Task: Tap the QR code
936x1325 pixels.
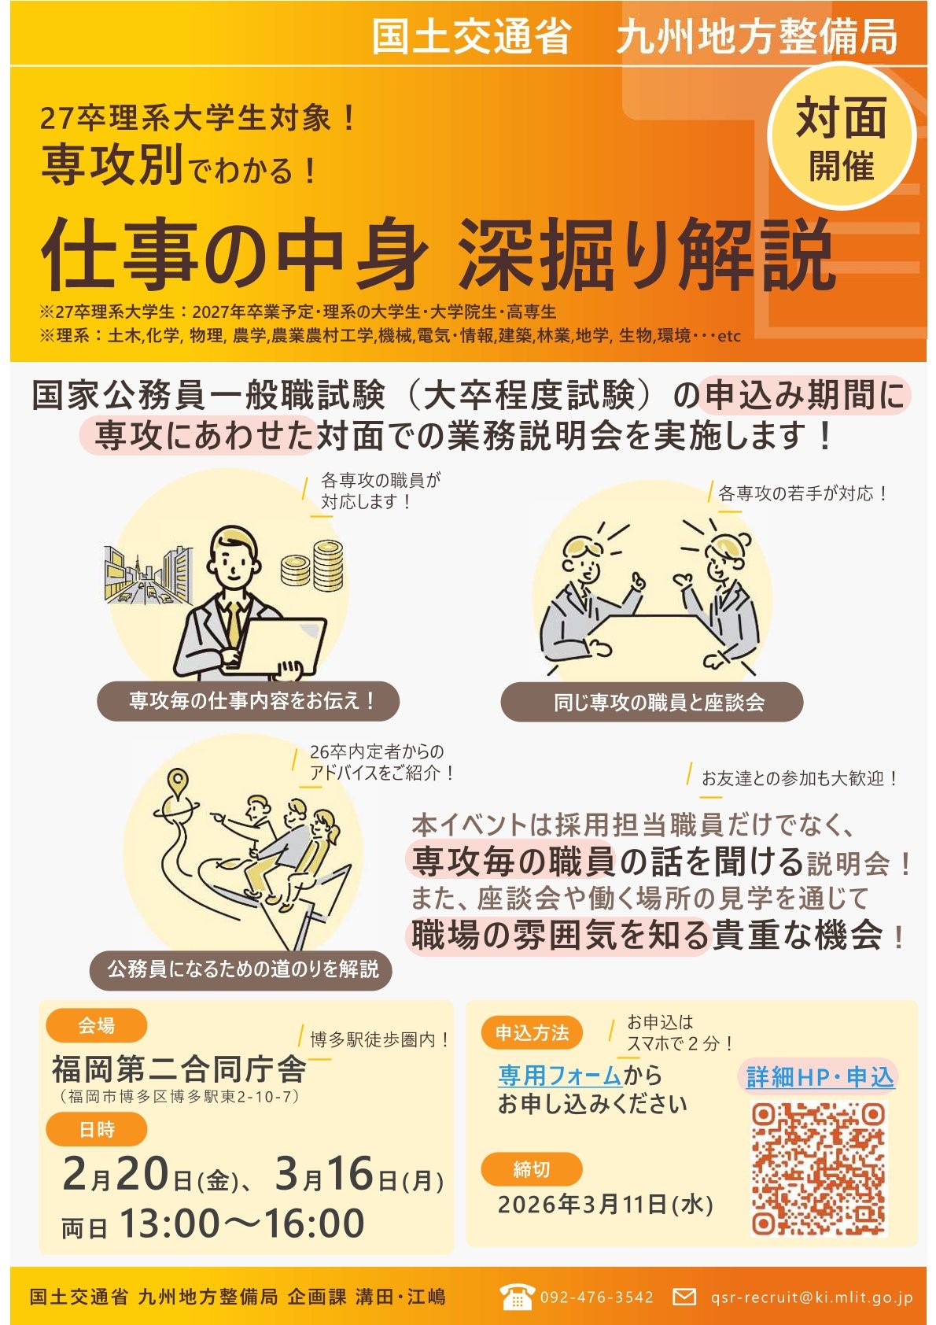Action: point(818,1168)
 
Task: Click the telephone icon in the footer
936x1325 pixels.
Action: point(516,1297)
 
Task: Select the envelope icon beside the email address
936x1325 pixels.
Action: point(684,1297)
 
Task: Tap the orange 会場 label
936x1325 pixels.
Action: point(96,1025)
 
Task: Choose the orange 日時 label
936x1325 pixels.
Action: point(96,1130)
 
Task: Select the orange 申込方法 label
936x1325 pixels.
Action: point(532,1033)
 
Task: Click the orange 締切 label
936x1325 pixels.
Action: point(532,1169)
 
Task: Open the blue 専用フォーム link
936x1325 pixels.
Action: point(560,1075)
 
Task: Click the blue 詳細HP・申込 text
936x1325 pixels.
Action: point(820,1077)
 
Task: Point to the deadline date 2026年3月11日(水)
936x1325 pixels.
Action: point(605,1205)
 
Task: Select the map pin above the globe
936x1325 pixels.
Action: point(179,781)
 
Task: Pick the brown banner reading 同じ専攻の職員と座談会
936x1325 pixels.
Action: point(651,702)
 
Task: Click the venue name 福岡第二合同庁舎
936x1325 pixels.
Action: point(179,1069)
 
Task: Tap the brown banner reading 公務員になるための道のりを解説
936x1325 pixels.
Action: point(242,969)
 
